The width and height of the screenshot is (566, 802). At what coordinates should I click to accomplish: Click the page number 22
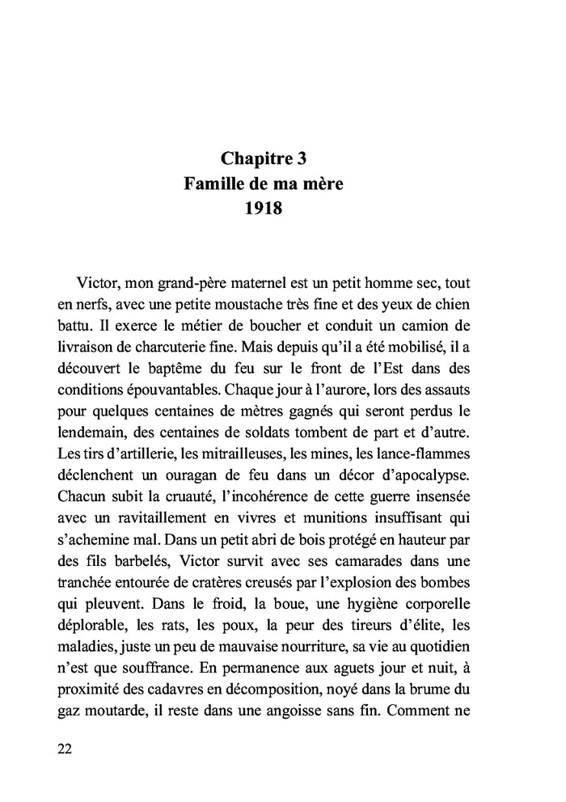click(x=65, y=748)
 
